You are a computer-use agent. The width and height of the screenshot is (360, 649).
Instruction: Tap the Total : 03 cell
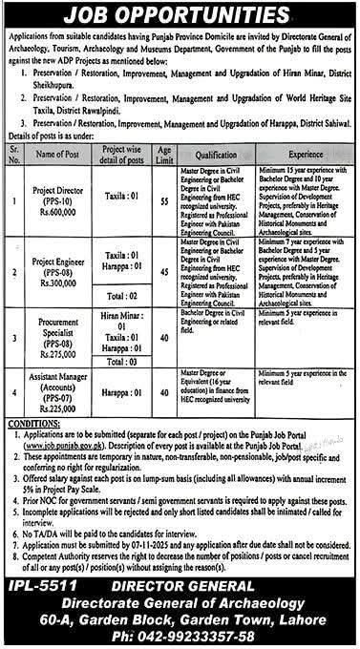128,363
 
